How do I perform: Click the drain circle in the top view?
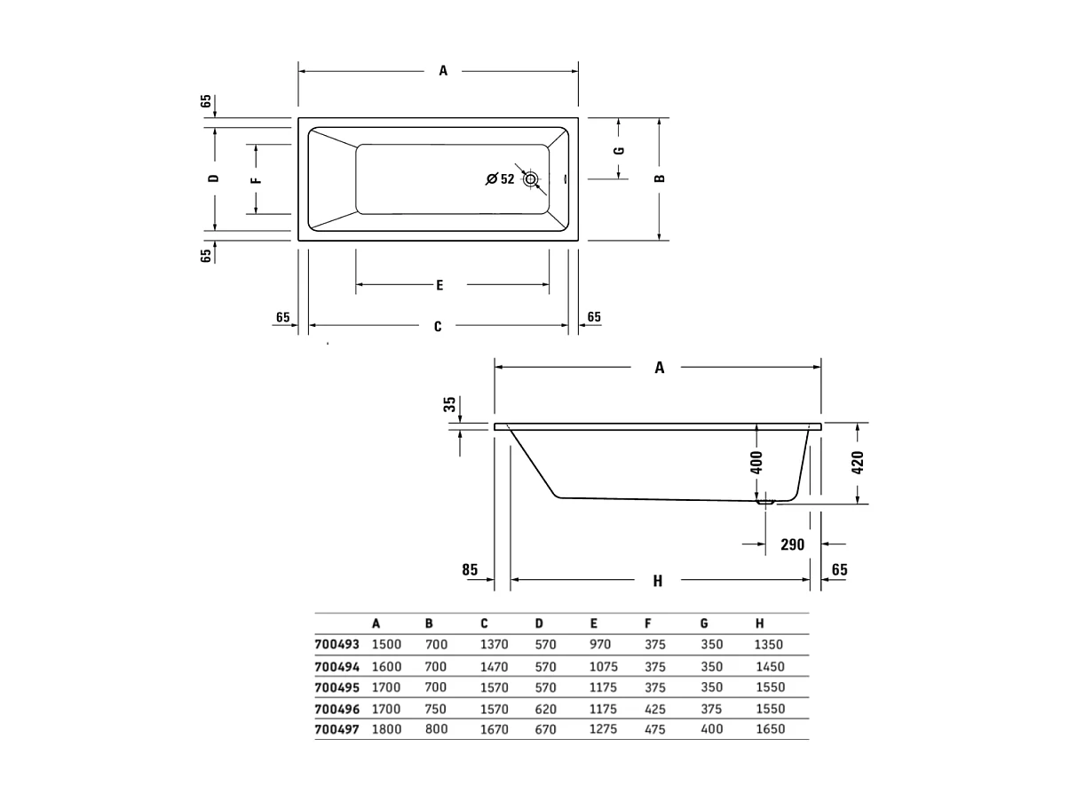pos(531,179)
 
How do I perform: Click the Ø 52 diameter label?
pos(501,179)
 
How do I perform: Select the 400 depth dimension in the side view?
pos(757,463)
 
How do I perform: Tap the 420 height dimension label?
pos(858,463)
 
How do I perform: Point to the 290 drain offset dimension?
pos(792,544)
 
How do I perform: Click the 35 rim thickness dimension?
pos(450,405)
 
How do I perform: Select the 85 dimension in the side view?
pos(470,568)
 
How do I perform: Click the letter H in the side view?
pos(658,582)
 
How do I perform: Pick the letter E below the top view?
pos(439,285)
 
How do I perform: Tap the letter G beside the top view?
pos(620,150)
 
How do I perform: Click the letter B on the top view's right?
pos(660,179)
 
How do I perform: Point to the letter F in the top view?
pos(256,179)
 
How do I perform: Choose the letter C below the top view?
pos(438,327)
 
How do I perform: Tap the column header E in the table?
pos(593,624)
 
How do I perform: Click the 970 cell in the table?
pos(600,645)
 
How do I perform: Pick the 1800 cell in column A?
pos(387,729)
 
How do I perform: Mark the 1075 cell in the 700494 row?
pos(604,666)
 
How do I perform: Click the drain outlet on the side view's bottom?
pos(764,502)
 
